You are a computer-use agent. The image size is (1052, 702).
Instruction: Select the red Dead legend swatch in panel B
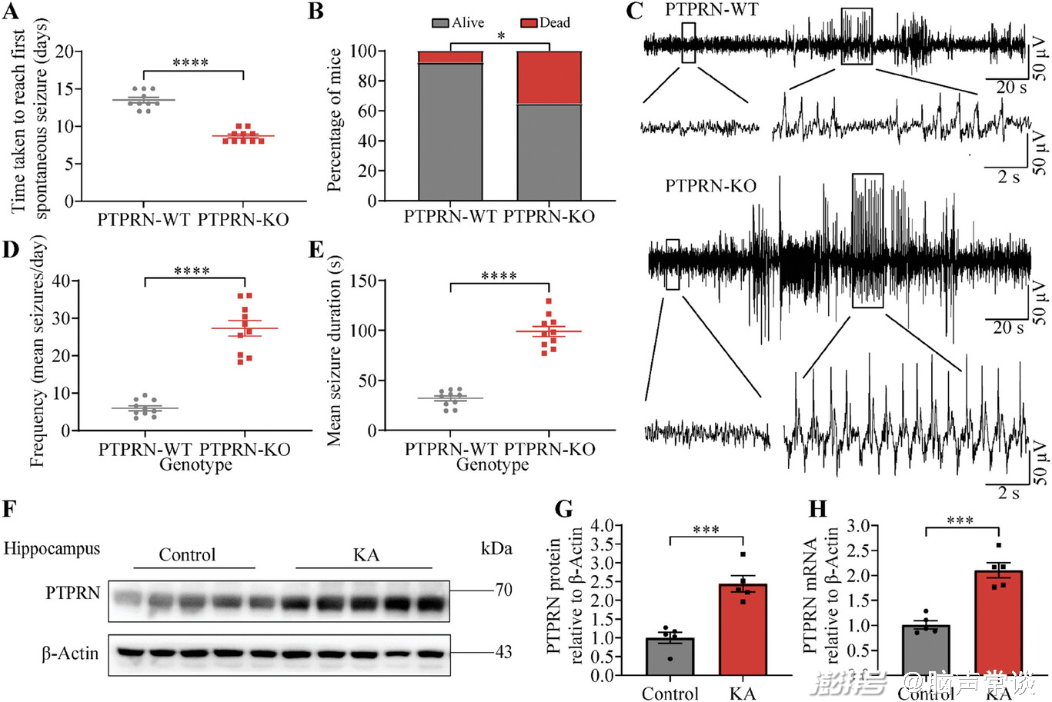coord(529,23)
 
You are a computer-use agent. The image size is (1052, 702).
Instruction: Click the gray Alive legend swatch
coord(440,23)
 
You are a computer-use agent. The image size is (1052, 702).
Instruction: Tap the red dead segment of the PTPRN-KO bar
coord(549,78)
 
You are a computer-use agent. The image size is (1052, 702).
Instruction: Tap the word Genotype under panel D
coord(195,464)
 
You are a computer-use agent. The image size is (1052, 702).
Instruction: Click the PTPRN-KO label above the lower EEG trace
coord(710,186)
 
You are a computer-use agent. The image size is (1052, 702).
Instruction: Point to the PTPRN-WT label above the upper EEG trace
coord(711,10)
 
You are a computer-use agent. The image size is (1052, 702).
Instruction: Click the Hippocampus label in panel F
coord(52,549)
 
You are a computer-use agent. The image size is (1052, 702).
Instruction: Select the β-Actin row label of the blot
coord(70,654)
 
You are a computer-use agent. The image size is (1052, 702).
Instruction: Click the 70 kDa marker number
coord(503,591)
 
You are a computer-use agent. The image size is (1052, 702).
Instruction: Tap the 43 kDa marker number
coord(503,652)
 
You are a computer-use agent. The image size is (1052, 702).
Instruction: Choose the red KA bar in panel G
coord(743,630)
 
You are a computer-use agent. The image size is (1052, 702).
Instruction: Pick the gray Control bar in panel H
coord(926,650)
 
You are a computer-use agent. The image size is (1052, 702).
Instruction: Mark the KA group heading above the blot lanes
coord(366,554)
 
